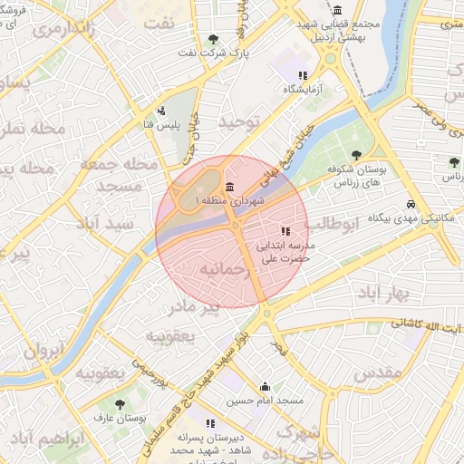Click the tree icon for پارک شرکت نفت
click(x=213, y=39)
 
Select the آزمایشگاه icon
click(x=303, y=75)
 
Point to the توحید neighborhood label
click(x=239, y=121)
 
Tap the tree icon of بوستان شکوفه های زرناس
click(x=355, y=154)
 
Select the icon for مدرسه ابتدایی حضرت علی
click(x=285, y=231)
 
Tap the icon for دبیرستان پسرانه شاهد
click(x=210, y=423)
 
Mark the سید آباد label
click(x=107, y=224)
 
